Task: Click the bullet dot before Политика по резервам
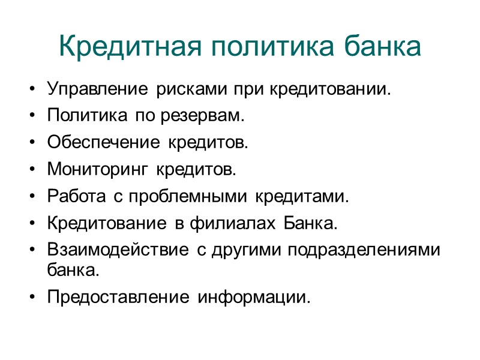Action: [x=32, y=117]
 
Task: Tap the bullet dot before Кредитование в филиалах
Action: [x=32, y=223]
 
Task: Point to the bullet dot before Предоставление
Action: [x=32, y=297]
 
